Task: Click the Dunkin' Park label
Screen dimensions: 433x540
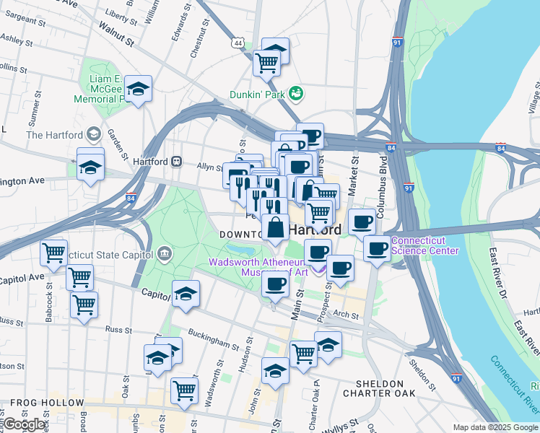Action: point(258,94)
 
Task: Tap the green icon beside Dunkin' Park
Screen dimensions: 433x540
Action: point(295,93)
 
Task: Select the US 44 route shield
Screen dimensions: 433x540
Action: point(238,43)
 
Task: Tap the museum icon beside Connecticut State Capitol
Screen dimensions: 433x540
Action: point(165,253)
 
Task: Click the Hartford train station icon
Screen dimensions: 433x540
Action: point(176,161)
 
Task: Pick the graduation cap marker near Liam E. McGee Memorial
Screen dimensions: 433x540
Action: point(138,90)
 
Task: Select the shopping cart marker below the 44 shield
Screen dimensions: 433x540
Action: point(266,64)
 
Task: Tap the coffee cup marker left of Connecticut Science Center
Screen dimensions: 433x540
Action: point(376,250)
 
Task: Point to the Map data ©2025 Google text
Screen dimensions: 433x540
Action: point(495,427)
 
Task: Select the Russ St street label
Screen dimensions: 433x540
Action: point(118,328)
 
